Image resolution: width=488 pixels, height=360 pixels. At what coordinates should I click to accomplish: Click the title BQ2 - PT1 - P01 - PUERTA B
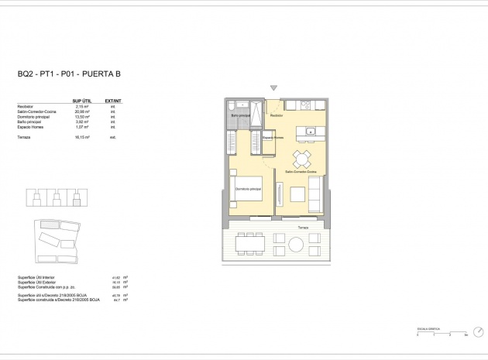click(x=69, y=75)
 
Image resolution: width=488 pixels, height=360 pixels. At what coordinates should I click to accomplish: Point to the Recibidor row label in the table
click(x=25, y=107)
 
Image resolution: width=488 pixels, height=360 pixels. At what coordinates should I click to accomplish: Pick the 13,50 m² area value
click(x=81, y=116)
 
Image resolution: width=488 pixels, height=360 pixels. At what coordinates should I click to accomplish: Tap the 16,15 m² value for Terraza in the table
click(x=81, y=136)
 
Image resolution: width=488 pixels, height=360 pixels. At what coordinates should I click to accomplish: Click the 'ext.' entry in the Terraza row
click(x=112, y=136)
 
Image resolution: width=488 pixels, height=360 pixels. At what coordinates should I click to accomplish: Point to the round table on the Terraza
click(x=297, y=245)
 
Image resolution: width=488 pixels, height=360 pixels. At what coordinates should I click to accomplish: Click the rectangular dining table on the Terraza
click(x=250, y=245)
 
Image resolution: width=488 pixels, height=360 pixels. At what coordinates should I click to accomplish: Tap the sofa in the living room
click(x=316, y=193)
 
